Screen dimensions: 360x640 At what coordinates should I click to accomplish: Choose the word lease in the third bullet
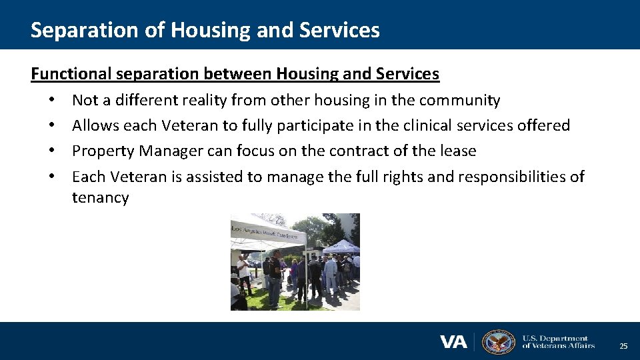click(458, 151)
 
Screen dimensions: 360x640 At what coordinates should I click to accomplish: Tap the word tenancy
click(100, 197)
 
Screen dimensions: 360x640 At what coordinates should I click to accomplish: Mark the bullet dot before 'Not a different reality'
click(51, 101)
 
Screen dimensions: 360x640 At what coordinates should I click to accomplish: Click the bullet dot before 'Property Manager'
click(51, 151)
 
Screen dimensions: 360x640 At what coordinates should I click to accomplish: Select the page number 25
click(623, 346)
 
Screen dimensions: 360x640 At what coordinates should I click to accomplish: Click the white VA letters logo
click(453, 342)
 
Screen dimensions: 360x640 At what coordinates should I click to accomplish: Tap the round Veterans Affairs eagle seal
click(498, 342)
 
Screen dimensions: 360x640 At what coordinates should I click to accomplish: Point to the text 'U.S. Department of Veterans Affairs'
click(557, 342)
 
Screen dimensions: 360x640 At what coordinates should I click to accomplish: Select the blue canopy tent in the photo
click(341, 247)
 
